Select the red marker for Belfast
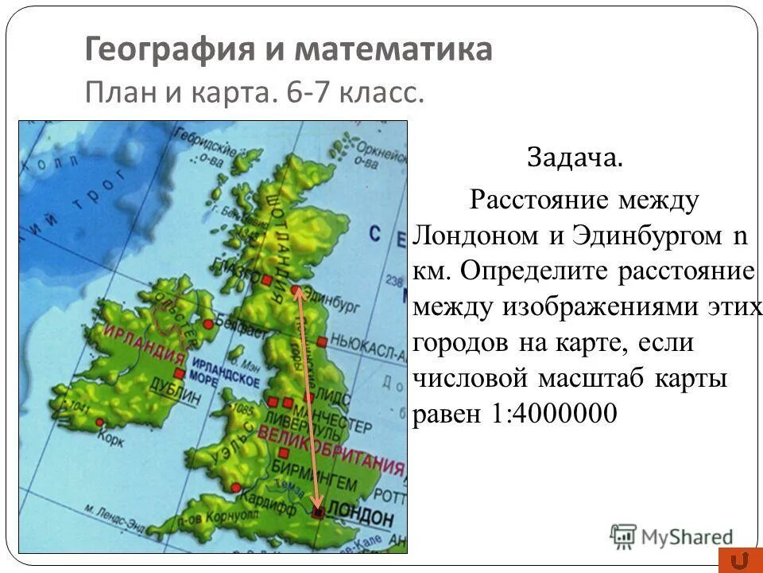[x=208, y=324]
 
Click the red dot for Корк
[x=99, y=422]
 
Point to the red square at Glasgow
[x=256, y=279]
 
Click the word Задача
[x=574, y=157]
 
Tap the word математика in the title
[x=394, y=50]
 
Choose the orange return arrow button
[x=736, y=560]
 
